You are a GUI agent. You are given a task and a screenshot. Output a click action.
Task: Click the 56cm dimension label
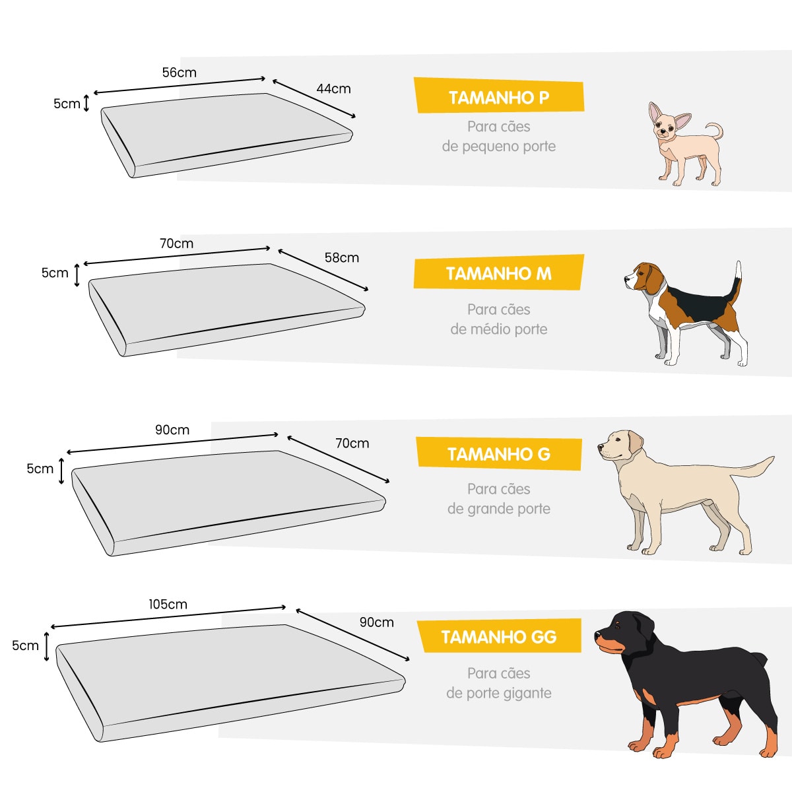179,73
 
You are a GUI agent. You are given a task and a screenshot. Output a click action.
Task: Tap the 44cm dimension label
333,88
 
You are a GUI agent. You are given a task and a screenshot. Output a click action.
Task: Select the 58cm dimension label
341,257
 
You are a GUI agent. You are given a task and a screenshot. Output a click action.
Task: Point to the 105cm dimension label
168,604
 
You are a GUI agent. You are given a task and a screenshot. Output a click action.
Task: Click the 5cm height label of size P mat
67,104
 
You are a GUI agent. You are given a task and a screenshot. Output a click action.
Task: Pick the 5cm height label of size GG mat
25,645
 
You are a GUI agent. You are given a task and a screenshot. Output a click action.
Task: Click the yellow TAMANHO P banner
499,97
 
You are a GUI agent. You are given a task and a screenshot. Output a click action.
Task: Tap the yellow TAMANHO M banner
498,273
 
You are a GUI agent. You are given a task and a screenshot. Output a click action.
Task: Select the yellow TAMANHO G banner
498,454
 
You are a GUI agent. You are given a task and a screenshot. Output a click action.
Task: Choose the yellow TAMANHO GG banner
499,637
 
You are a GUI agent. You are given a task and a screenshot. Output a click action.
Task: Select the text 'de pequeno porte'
499,147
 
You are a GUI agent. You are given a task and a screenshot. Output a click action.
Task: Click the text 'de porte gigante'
499,693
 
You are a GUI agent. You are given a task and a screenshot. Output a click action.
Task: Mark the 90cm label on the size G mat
172,430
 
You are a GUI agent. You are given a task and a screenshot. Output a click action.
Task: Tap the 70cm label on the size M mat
176,244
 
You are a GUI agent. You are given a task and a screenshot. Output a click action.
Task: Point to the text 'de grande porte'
499,509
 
